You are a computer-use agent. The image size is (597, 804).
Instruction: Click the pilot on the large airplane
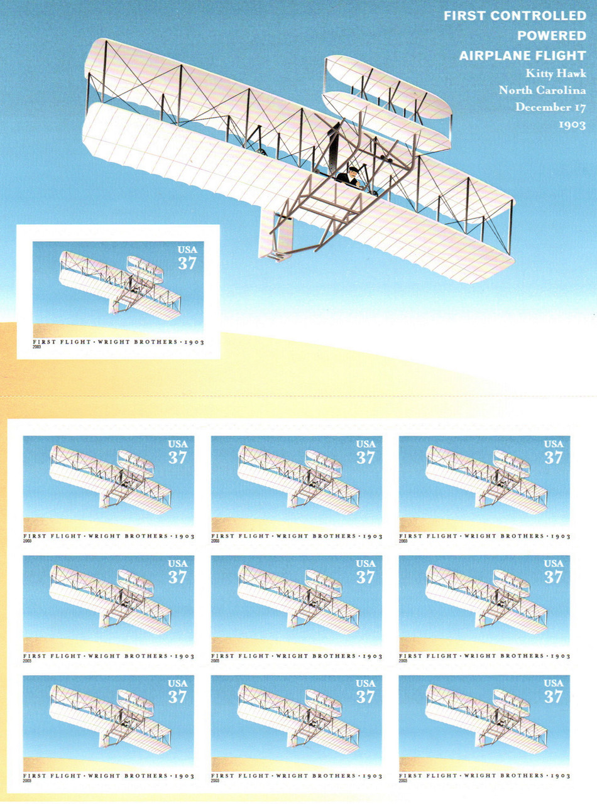point(349,177)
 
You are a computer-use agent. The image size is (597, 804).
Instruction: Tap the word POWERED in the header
point(551,36)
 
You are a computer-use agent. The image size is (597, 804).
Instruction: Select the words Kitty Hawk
point(556,73)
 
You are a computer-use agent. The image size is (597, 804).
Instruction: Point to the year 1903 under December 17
point(572,125)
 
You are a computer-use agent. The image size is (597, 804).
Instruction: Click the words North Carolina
point(542,90)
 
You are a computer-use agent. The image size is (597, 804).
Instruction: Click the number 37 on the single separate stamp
point(187,264)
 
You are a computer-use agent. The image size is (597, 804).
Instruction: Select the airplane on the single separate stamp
point(120,285)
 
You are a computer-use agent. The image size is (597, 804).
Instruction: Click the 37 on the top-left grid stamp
point(177,458)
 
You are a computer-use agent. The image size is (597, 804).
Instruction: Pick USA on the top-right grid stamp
point(554,444)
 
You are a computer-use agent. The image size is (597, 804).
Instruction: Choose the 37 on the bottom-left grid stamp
point(177,697)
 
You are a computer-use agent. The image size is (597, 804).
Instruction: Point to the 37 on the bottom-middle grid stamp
point(365,697)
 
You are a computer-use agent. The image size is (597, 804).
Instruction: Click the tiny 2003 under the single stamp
point(36,347)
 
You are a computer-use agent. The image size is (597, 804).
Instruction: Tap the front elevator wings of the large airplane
point(387,103)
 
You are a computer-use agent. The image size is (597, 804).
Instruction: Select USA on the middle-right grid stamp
point(554,563)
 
